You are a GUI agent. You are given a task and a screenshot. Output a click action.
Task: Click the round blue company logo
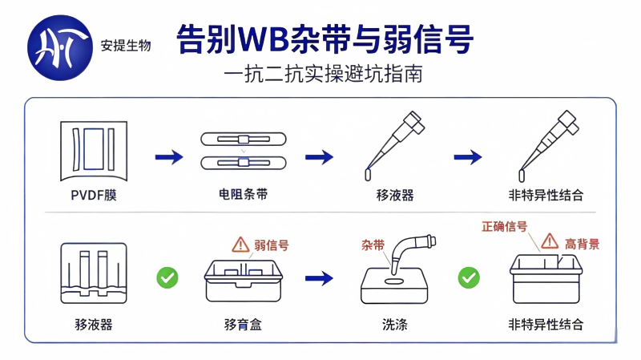click(x=60, y=47)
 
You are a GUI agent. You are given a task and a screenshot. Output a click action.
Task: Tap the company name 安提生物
click(x=126, y=46)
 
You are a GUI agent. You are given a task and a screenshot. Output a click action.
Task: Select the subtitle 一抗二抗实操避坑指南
click(x=323, y=75)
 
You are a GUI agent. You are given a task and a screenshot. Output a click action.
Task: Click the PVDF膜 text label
click(x=94, y=195)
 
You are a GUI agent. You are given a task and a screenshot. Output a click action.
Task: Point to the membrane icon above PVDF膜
click(x=94, y=151)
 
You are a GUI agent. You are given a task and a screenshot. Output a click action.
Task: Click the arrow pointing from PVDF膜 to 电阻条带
click(x=169, y=156)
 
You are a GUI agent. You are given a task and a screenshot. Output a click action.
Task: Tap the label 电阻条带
click(x=244, y=194)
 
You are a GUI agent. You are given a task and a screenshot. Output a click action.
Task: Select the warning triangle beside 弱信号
click(x=240, y=245)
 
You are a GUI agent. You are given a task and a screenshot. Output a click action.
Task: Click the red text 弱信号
click(x=272, y=245)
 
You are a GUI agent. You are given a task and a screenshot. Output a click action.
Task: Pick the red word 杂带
click(x=373, y=245)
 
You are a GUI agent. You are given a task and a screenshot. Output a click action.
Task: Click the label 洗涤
click(x=394, y=325)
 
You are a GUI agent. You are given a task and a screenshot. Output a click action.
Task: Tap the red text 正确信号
click(x=505, y=226)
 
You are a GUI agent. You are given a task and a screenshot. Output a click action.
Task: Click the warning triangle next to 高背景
click(x=550, y=241)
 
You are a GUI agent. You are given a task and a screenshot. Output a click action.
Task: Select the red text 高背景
click(x=582, y=245)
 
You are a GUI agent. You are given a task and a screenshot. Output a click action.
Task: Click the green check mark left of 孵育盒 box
click(x=167, y=277)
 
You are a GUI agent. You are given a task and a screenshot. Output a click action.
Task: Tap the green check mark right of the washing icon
click(x=469, y=277)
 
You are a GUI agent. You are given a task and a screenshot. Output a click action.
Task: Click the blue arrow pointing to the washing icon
click(x=319, y=278)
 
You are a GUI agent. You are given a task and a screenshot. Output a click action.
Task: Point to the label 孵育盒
click(x=243, y=325)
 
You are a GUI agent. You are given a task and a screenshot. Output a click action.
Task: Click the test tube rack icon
click(x=94, y=273)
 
